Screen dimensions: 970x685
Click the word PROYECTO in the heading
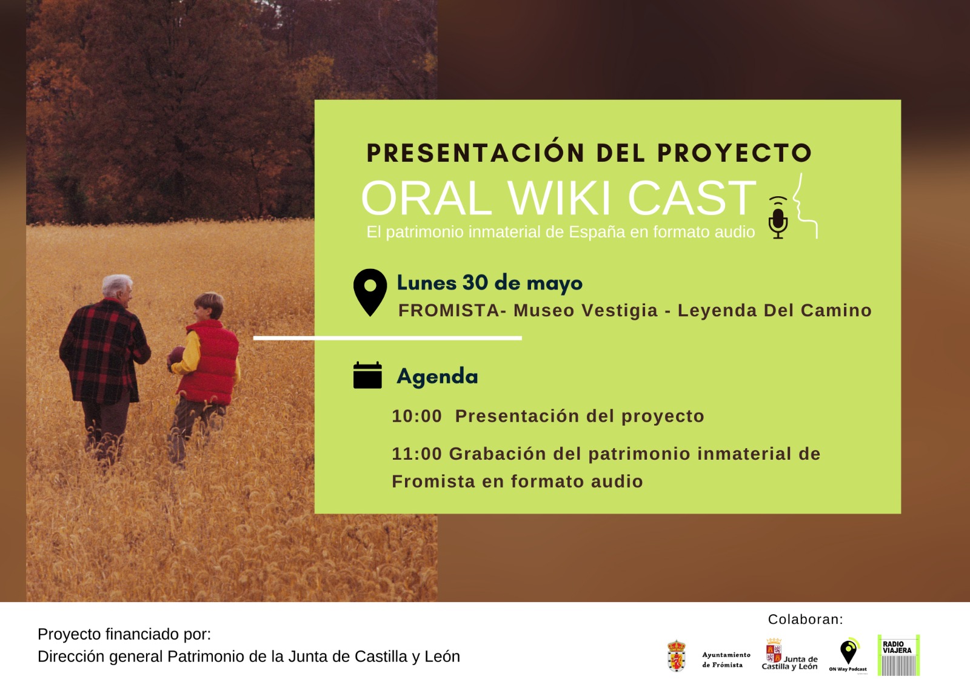pyautogui.click(x=734, y=153)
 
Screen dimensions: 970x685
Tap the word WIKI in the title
pyautogui.click(x=558, y=198)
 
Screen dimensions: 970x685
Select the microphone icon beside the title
pyautogui.click(x=778, y=217)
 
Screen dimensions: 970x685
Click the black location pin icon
pyautogui.click(x=370, y=293)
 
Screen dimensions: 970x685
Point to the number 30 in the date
pyautogui.click(x=475, y=283)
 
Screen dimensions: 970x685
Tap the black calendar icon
pyautogui.click(x=367, y=375)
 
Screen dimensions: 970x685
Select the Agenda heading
pyautogui.click(x=437, y=376)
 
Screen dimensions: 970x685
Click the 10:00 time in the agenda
pyautogui.click(x=416, y=416)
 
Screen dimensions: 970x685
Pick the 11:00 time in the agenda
pyautogui.click(x=416, y=454)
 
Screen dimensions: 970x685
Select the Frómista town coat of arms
pyautogui.click(x=677, y=656)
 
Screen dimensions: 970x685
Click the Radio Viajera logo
pyautogui.click(x=898, y=655)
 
